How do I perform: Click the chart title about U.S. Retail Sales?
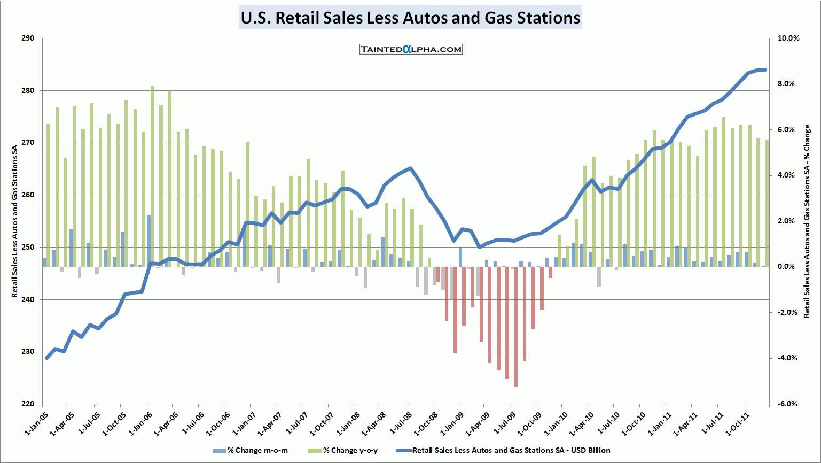pyautogui.click(x=410, y=18)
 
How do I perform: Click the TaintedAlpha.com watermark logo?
pyautogui.click(x=411, y=49)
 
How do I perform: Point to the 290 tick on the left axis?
pyautogui.click(x=28, y=38)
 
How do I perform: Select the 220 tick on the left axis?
pyautogui.click(x=28, y=404)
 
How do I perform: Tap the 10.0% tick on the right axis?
pyautogui.click(x=788, y=38)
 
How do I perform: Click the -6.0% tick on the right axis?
pyautogui.click(x=788, y=404)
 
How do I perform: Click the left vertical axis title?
pyautogui.click(x=15, y=221)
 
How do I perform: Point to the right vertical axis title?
pyautogui.click(x=807, y=221)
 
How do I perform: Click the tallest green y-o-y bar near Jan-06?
pyautogui.click(x=152, y=176)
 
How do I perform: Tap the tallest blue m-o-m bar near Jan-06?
pyautogui.click(x=148, y=241)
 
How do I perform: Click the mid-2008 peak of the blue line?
pyautogui.click(x=410, y=168)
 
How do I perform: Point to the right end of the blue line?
pyautogui.click(x=765, y=70)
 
